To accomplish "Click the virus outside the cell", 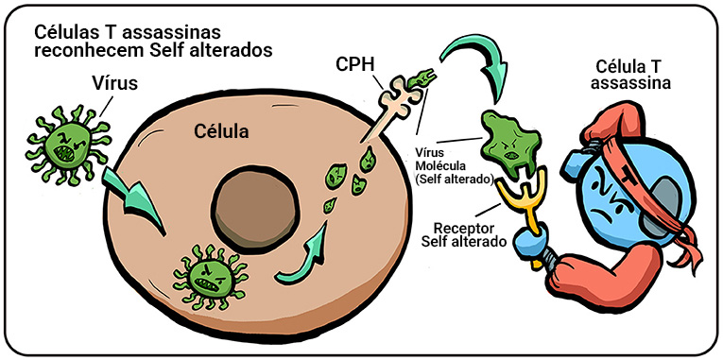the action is tap(68, 146).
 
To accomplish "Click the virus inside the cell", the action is tap(210, 277).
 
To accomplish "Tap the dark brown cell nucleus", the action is tap(255, 209).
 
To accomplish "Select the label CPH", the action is tap(354, 63).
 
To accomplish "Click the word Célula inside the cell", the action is tap(221, 131).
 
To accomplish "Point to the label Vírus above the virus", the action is tap(114, 84).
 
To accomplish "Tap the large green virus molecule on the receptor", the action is tap(510, 144).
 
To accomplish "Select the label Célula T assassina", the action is tap(630, 75).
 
